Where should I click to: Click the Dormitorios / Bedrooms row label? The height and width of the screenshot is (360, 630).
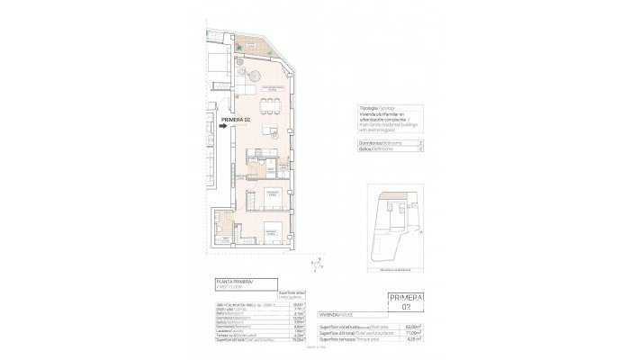[x=371, y=142]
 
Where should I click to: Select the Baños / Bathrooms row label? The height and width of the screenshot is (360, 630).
[x=367, y=150]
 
